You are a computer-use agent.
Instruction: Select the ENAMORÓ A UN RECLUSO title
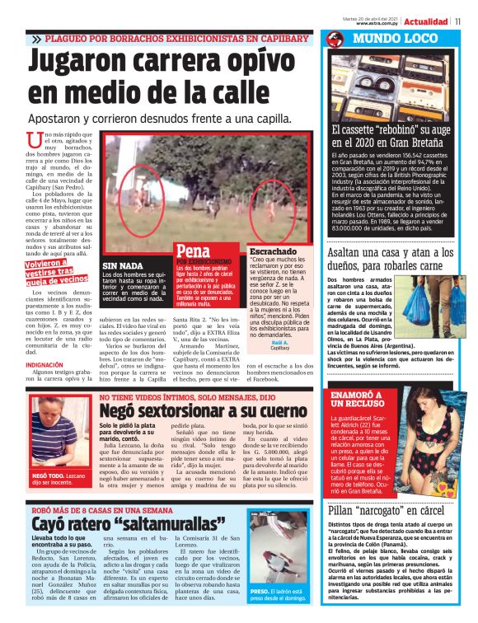[x=356, y=400]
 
